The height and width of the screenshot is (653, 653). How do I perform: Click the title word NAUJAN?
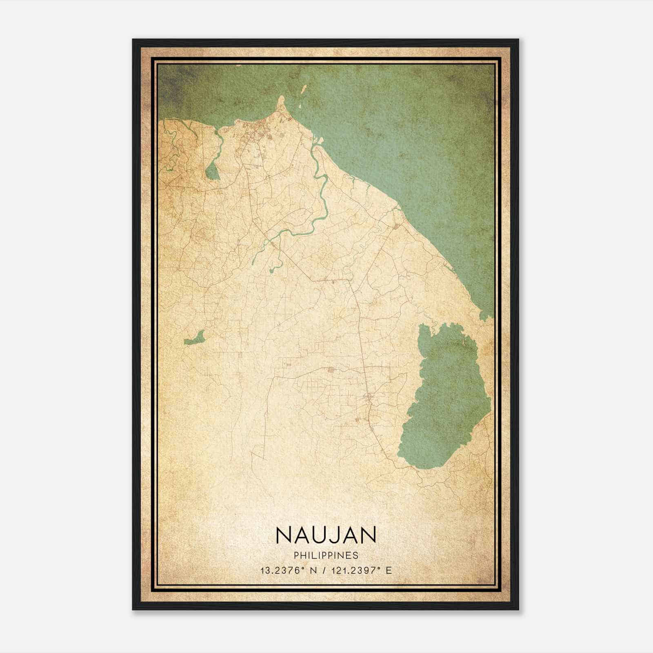[326, 535]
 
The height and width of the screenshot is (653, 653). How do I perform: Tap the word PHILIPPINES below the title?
[326, 555]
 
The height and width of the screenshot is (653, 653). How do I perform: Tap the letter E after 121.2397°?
[388, 571]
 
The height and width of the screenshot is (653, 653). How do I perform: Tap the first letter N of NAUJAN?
[283, 535]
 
